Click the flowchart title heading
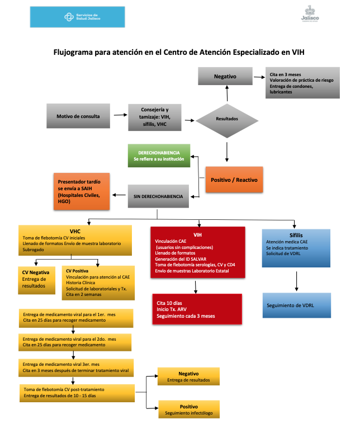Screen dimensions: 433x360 [179, 51]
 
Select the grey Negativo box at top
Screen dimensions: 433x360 [226, 76]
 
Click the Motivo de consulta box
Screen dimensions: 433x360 [78, 116]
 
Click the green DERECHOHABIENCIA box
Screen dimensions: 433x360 [159, 156]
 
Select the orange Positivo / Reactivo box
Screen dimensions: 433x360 [234, 181]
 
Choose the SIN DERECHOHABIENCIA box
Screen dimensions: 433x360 [158, 196]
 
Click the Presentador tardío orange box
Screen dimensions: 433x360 [81, 191]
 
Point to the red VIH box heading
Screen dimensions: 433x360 [197, 234]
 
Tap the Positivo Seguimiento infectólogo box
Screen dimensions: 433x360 [189, 410]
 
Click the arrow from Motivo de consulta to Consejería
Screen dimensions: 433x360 [119, 116]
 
